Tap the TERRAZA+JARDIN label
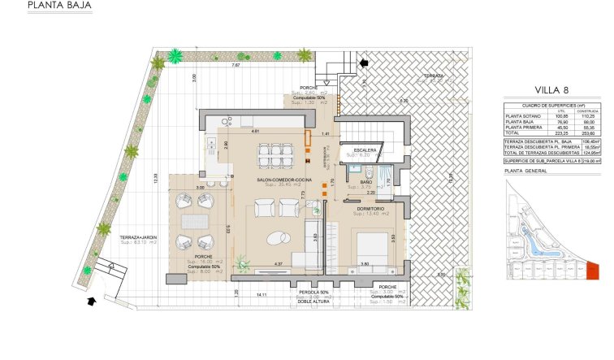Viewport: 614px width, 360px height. click(x=138, y=236)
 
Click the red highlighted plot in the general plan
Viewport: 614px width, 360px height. click(x=592, y=270)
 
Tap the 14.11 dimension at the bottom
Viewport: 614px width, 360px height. click(x=261, y=293)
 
